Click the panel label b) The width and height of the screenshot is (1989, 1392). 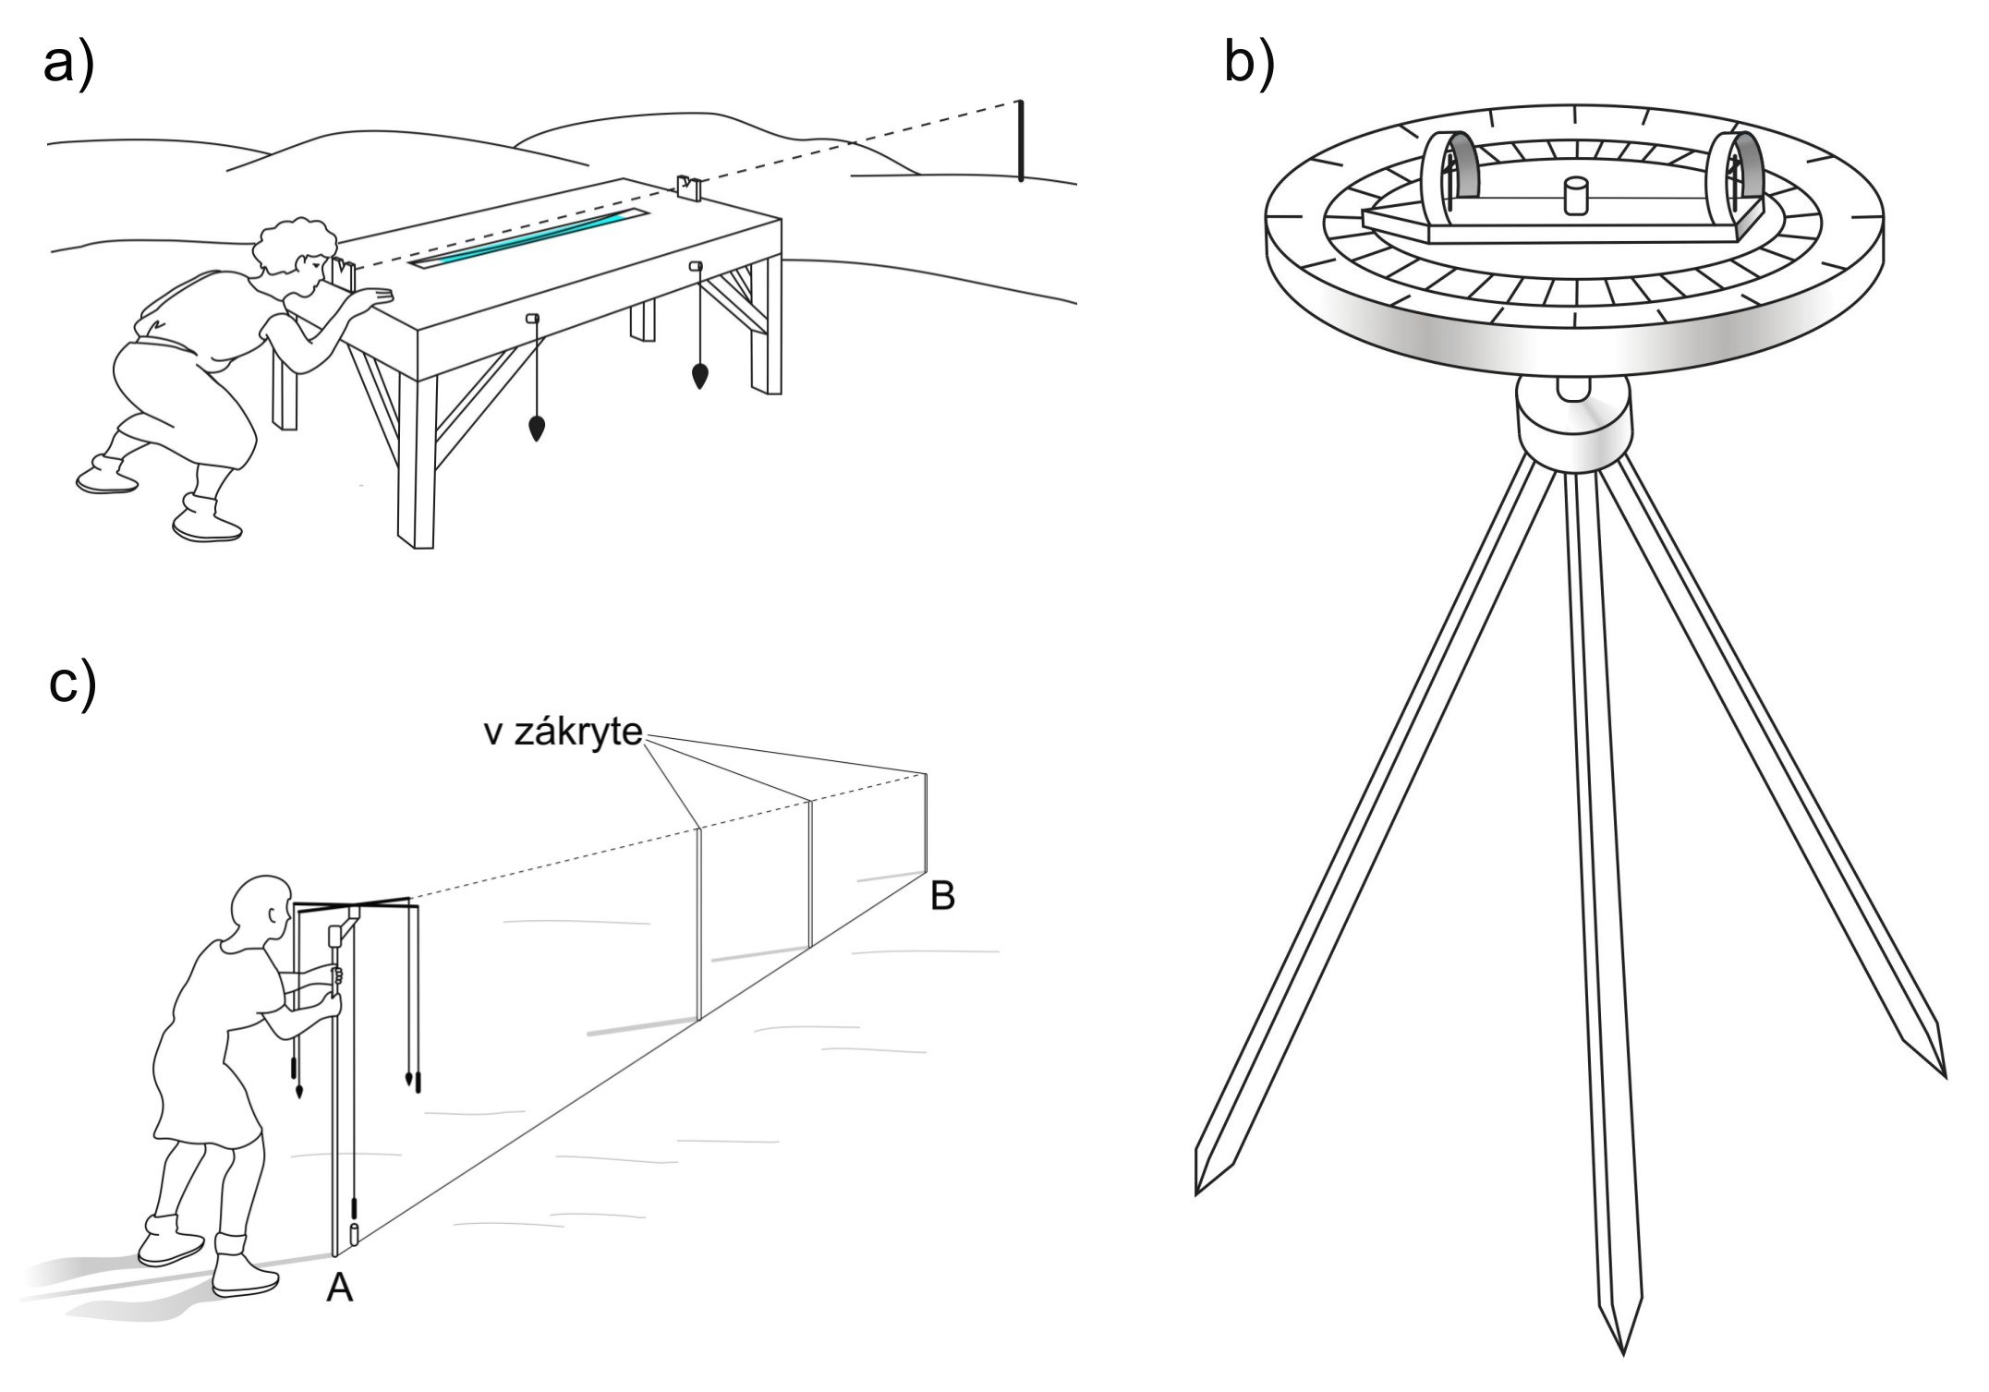click(1248, 63)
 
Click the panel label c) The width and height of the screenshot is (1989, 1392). click(72, 684)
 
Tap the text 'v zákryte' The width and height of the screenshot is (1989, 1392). click(564, 732)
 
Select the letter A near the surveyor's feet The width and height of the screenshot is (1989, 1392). click(339, 1288)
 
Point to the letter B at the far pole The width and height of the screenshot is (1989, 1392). click(942, 896)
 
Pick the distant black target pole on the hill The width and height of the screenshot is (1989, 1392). click(1020, 140)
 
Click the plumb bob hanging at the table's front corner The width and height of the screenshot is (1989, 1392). click(536, 427)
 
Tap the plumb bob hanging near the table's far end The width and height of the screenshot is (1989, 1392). click(700, 375)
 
